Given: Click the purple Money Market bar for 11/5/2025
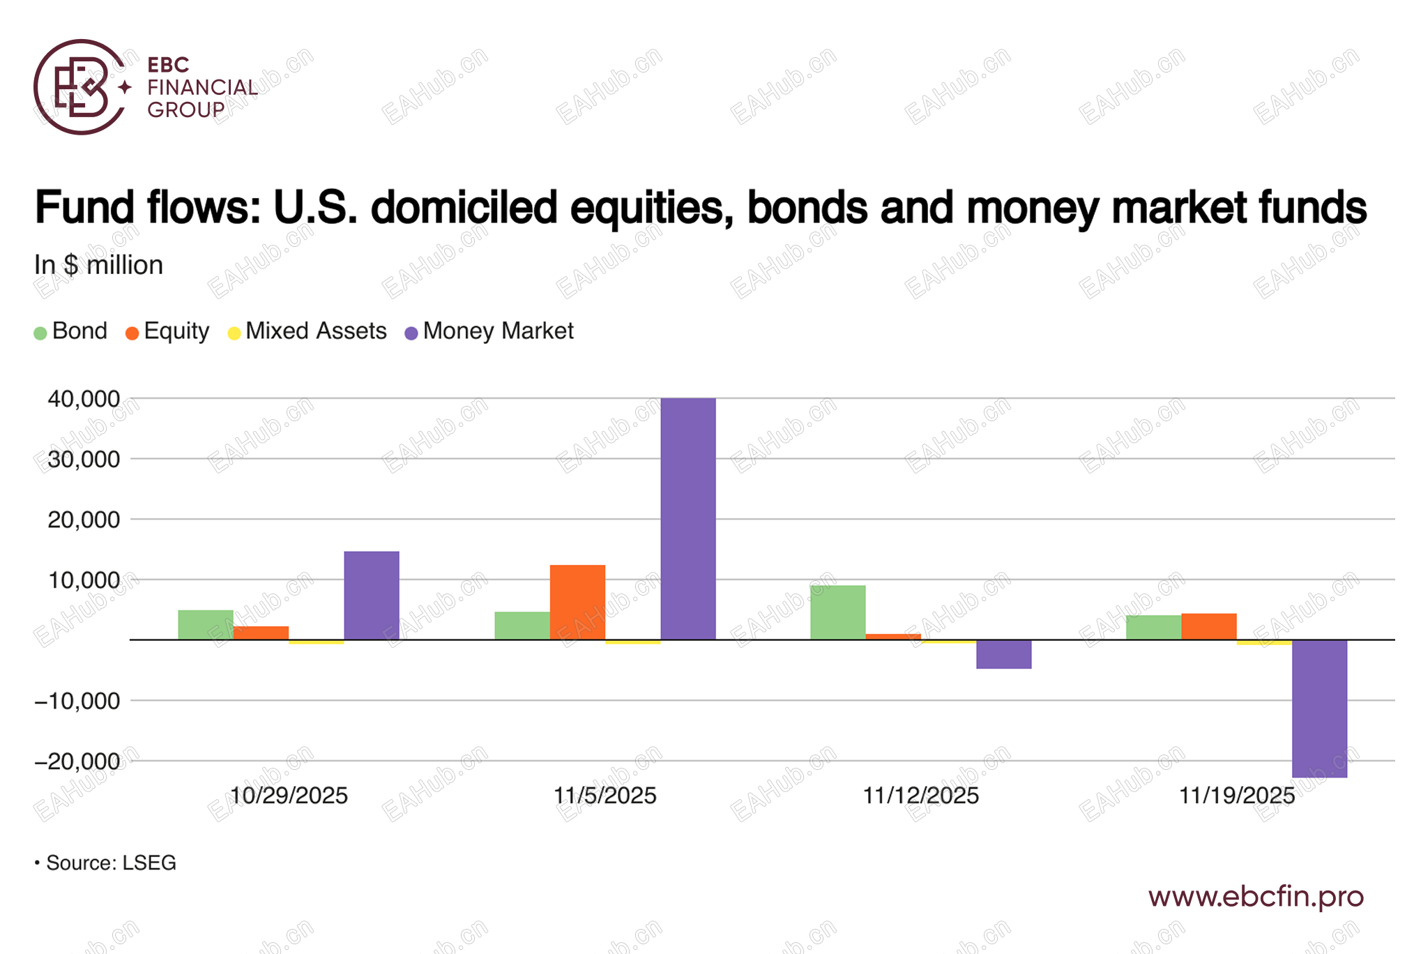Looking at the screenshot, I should [687, 519].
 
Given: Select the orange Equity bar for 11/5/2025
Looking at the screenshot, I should [577, 602].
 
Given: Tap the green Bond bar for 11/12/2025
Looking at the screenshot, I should [837, 612].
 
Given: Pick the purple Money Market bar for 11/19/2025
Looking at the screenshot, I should [1319, 708].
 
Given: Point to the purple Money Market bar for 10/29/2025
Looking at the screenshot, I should [372, 596].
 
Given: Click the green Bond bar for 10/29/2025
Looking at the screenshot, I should [206, 625].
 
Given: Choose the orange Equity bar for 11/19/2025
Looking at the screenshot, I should [1209, 626].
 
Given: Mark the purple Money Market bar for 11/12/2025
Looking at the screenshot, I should [1003, 654].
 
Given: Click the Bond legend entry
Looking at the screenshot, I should [71, 331].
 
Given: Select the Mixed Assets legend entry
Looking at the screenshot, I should [307, 331].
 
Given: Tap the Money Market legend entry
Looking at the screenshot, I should [489, 331].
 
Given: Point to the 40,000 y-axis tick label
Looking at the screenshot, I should [84, 399].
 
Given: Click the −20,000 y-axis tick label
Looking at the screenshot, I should [77, 761].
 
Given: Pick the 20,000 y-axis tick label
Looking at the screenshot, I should [84, 520].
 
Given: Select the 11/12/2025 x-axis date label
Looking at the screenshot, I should [920, 796].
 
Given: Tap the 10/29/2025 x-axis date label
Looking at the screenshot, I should [289, 796].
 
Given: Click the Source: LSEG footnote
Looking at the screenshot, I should [106, 863].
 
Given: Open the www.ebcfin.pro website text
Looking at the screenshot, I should [1255, 897].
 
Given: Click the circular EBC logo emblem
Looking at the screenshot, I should [80, 87].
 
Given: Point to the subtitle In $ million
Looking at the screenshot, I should [99, 266].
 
